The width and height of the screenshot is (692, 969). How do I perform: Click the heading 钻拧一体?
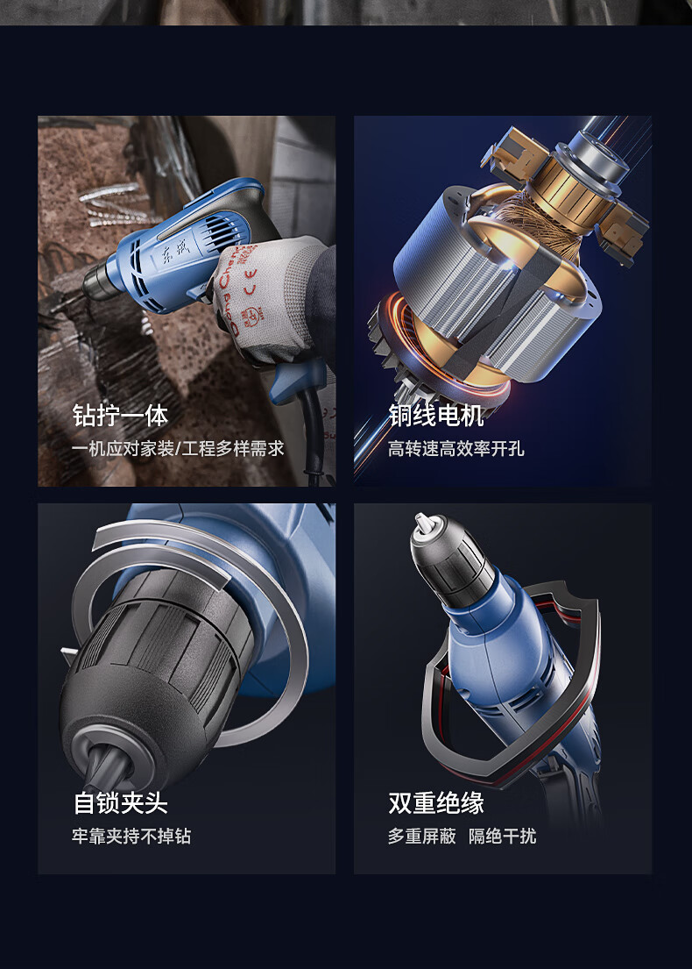point(120,416)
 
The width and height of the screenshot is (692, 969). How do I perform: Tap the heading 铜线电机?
point(436,416)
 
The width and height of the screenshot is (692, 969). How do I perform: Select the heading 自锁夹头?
point(120,802)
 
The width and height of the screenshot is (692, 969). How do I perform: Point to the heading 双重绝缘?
point(436,802)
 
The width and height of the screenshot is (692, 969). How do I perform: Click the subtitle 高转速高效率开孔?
point(456,449)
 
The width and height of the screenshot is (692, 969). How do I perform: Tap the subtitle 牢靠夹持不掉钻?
point(131,836)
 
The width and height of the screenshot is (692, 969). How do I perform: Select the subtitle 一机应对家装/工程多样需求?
point(178,449)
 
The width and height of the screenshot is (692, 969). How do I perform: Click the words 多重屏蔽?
point(421,836)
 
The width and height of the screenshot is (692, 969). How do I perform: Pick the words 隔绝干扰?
point(503,836)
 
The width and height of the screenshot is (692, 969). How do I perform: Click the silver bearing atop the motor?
point(595,158)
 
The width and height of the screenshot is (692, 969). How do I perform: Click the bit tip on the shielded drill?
point(422,522)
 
